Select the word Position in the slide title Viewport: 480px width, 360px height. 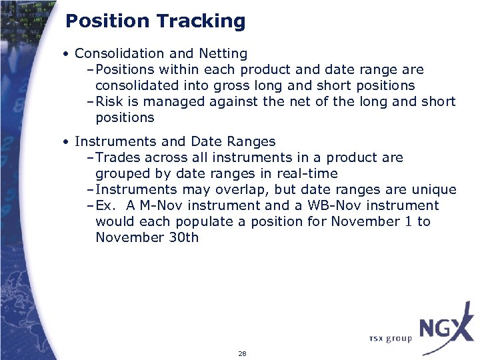(x=107, y=21)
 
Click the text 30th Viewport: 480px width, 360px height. (x=183, y=238)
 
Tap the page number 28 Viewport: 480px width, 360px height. (x=242, y=353)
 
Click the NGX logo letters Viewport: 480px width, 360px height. (x=445, y=329)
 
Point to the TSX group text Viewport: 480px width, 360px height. (x=391, y=339)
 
